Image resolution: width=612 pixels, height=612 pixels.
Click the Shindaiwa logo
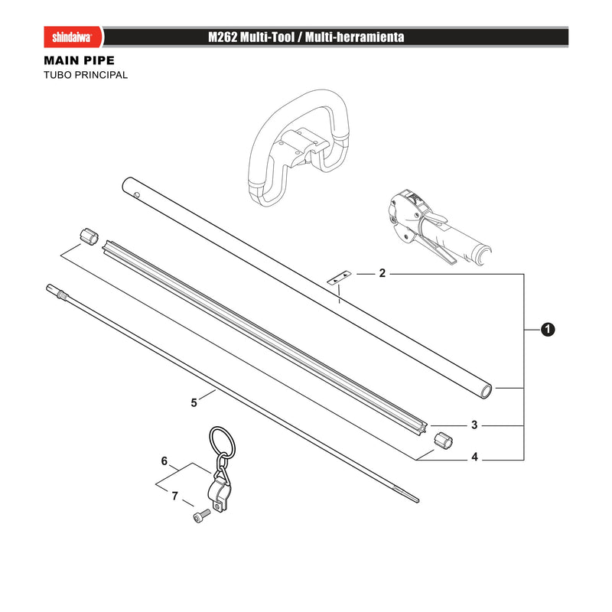click(73, 37)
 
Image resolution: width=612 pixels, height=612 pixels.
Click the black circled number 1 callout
click(548, 330)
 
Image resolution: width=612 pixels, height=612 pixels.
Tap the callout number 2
click(382, 273)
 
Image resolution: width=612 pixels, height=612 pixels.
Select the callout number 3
click(474, 425)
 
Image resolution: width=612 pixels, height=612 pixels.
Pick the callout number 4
click(474, 457)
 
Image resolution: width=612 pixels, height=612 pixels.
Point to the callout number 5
click(194, 402)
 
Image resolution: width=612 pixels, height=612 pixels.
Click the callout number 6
click(164, 461)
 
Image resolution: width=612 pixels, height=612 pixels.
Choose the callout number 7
click(175, 496)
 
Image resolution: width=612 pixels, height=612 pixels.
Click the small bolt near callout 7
click(201, 516)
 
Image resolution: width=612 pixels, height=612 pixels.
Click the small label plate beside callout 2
click(339, 278)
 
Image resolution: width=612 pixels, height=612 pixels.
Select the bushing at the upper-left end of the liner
click(89, 237)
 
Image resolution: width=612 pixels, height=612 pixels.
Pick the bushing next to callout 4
click(443, 441)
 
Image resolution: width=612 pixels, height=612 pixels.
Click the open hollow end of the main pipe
click(486, 391)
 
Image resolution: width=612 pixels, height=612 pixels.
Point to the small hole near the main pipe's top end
click(137, 194)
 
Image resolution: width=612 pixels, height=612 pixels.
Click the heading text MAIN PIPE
click(80, 60)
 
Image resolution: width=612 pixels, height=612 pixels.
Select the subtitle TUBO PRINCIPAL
click(86, 75)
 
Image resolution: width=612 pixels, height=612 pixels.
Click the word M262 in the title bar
click(223, 37)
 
